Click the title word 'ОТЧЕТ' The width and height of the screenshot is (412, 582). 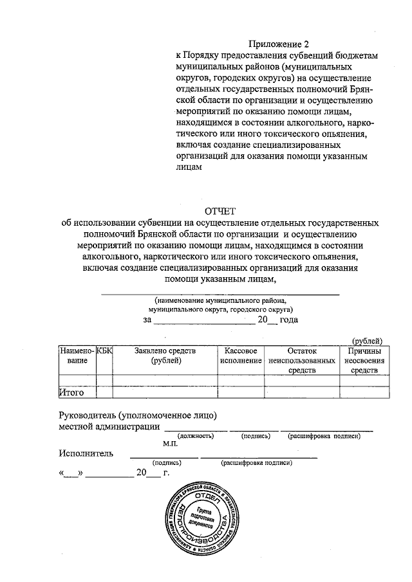click(221, 211)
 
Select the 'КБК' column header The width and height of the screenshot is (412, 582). click(104, 351)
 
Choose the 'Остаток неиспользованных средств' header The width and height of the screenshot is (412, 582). click(302, 361)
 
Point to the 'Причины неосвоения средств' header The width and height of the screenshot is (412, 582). click(364, 361)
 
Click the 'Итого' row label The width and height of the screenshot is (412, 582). click(71, 392)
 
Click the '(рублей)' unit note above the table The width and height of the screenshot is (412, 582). click(367, 340)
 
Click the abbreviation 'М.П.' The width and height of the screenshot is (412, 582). click(171, 444)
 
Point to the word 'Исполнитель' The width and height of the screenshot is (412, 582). click(86, 453)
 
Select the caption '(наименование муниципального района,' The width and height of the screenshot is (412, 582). click(220, 300)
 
